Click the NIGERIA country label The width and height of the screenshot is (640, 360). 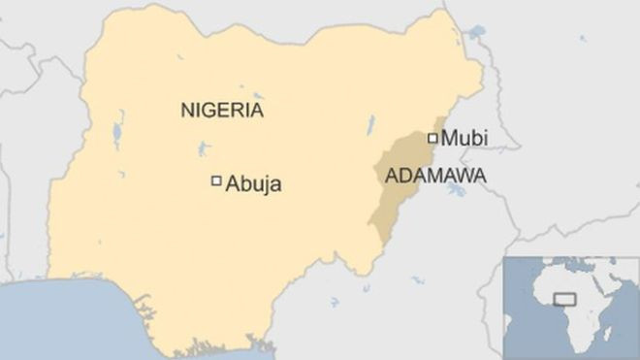(222, 111)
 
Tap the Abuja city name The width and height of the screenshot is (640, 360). (253, 182)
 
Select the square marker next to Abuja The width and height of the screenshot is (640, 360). (216, 180)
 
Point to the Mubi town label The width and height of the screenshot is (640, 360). (464, 139)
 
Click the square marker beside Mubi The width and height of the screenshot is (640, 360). (432, 138)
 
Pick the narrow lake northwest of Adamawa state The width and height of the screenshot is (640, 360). (369, 124)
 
